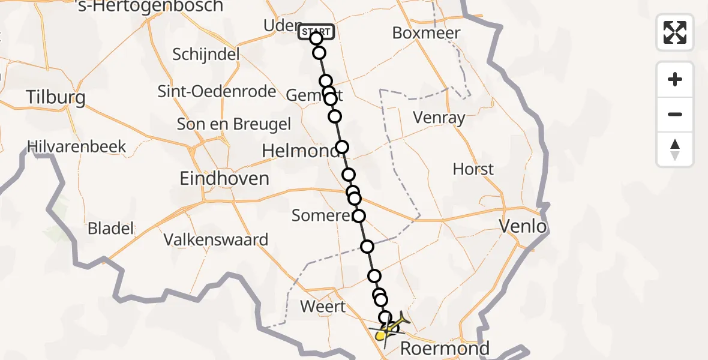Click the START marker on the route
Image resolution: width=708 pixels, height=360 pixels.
(316, 31)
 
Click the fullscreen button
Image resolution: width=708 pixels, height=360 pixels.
(675, 32)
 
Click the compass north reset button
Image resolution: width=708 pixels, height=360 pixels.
(675, 149)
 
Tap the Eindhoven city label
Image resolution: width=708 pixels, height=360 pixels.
(225, 178)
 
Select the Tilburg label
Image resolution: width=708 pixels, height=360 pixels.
(56, 97)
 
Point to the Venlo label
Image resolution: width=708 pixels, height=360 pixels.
(523, 227)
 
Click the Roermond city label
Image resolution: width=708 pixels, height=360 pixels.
(445, 348)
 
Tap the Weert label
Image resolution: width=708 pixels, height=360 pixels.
(323, 307)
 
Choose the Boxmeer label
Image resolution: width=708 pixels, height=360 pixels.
(426, 33)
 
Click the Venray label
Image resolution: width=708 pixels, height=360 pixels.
(439, 118)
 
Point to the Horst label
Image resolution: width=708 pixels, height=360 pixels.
(473, 169)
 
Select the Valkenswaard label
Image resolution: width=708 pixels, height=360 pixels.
(217, 240)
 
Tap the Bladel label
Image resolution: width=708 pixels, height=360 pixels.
(110, 229)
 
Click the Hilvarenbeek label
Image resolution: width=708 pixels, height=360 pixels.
(77, 146)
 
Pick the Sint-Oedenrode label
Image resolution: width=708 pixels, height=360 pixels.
(217, 92)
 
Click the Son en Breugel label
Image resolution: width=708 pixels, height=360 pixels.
(234, 124)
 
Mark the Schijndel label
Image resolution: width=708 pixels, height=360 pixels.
(206, 55)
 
